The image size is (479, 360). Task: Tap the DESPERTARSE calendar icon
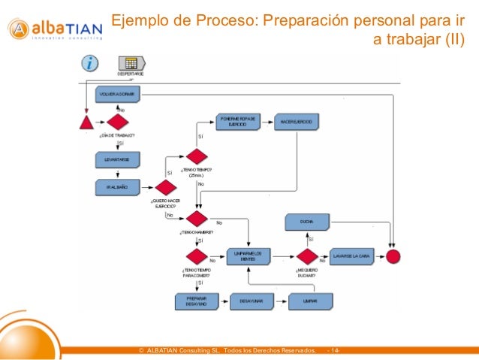[x=130, y=64]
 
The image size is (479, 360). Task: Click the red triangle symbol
[x=87, y=121]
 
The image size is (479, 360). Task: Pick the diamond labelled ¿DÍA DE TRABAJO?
[x=117, y=122]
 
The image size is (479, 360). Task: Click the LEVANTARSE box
[x=117, y=159]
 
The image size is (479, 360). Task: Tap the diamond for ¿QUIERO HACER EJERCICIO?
[x=164, y=187]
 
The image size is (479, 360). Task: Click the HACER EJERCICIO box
[x=296, y=121]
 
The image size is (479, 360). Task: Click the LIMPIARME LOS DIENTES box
[x=247, y=256]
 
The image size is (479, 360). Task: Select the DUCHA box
[x=306, y=222]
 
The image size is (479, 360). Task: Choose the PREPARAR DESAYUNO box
[x=197, y=301]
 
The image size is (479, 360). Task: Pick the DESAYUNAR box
[x=251, y=301]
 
